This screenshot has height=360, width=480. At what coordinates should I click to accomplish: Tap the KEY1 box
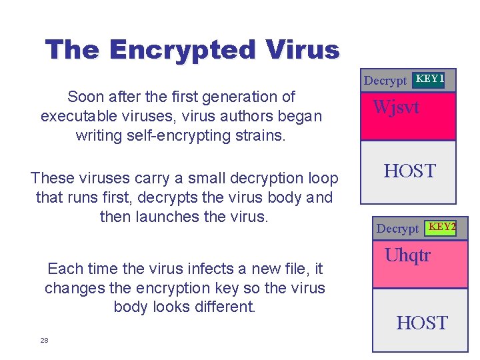(430, 79)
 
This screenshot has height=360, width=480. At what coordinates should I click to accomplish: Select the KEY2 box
(442, 227)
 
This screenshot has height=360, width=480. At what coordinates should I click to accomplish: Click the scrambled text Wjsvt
(396, 107)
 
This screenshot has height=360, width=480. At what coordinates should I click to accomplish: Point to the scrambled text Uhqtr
(408, 255)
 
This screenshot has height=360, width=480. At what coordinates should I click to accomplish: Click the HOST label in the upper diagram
(409, 171)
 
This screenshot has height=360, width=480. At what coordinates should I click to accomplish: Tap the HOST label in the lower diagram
(422, 323)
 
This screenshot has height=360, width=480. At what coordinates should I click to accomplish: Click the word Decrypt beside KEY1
(385, 81)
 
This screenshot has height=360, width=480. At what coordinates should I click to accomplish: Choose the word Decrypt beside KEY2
(397, 229)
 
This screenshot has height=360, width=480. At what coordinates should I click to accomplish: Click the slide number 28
(44, 340)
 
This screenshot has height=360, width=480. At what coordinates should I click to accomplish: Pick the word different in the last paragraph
(224, 307)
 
